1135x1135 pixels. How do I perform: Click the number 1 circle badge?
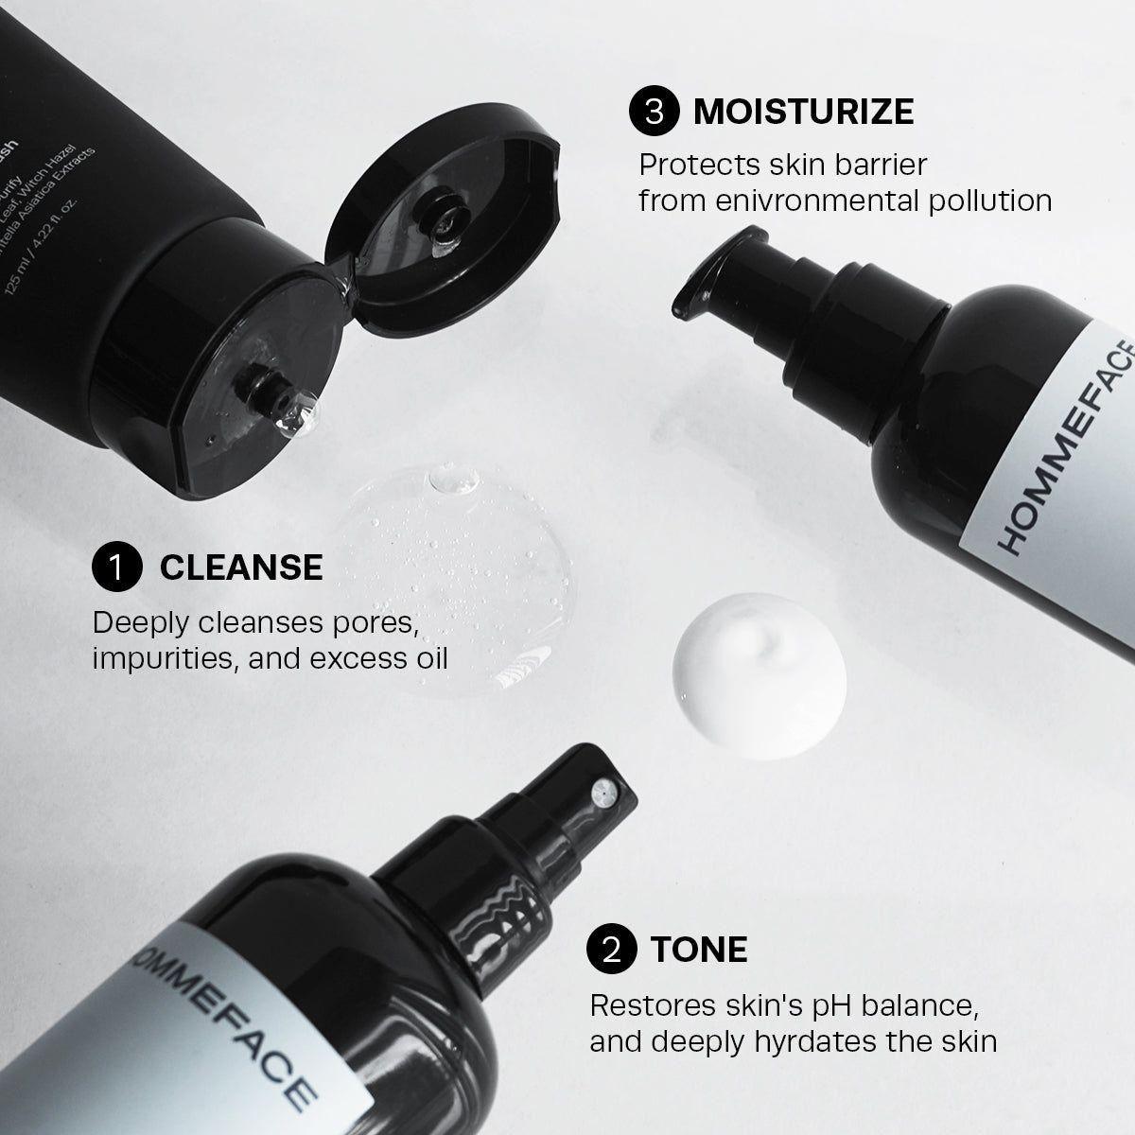click(117, 567)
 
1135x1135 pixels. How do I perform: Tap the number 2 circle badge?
click(612, 950)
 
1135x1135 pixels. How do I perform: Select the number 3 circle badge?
click(655, 112)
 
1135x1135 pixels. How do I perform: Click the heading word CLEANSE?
click(241, 567)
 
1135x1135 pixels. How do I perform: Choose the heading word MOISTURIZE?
click(803, 112)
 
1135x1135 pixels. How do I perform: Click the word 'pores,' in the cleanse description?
click(370, 622)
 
